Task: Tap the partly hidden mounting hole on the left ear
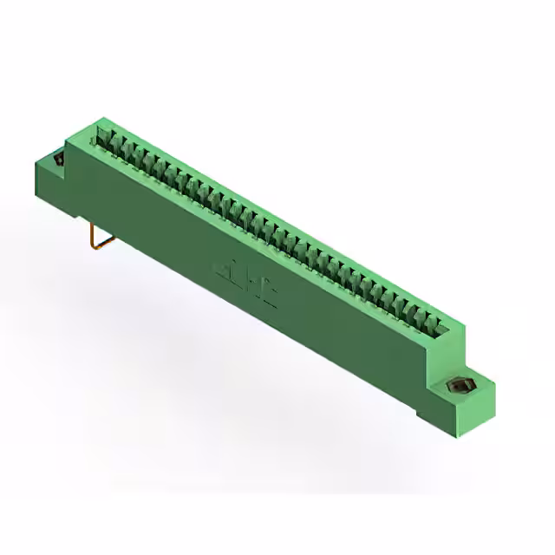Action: (x=59, y=160)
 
